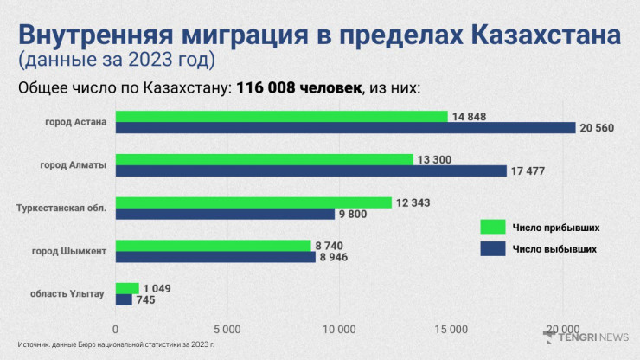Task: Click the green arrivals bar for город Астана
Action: point(281,116)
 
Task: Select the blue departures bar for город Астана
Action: point(345,128)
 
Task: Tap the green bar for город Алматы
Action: point(264,159)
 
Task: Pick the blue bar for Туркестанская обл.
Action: point(225,214)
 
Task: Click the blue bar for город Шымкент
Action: point(215,257)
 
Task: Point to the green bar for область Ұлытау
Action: point(127,288)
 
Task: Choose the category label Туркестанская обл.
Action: point(62,208)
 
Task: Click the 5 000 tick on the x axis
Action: point(227,329)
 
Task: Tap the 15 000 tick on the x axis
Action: point(451,329)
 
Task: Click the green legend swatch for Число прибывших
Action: point(492,227)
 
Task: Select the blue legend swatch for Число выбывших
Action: point(492,249)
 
